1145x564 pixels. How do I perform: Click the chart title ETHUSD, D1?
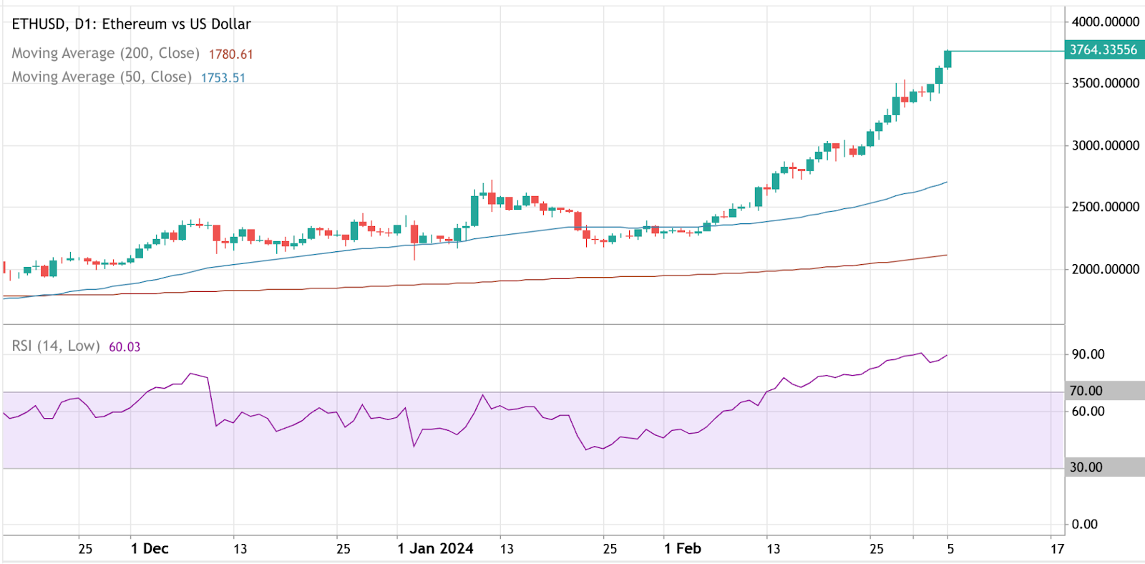click(131, 24)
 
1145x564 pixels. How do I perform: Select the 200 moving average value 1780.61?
click(230, 54)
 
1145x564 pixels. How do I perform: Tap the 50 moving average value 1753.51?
click(223, 78)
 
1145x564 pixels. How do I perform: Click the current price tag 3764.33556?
click(1103, 50)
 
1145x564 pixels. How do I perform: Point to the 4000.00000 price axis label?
click(1105, 22)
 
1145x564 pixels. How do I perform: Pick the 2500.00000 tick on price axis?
click(1105, 208)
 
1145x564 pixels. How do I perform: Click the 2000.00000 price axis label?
click(1105, 270)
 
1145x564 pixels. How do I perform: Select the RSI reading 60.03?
click(125, 347)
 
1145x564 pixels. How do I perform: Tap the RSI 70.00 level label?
click(1086, 391)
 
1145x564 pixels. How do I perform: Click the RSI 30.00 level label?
click(1086, 467)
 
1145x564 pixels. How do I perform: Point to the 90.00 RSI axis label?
click(1088, 354)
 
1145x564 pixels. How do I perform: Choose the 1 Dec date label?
click(150, 549)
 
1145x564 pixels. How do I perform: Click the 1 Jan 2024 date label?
click(435, 549)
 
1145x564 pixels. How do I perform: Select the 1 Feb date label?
click(682, 549)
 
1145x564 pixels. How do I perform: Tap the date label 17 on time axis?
click(1057, 549)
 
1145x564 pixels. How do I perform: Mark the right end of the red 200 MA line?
click(947, 256)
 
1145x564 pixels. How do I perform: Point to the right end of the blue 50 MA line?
click(947, 182)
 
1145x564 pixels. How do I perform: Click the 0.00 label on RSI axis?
click(1084, 525)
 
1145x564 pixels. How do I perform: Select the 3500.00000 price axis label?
click(1105, 84)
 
